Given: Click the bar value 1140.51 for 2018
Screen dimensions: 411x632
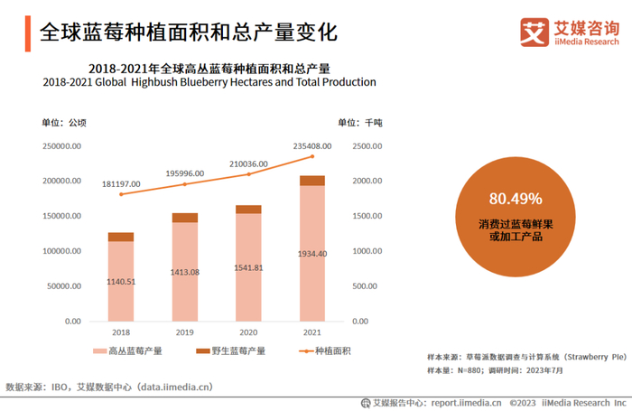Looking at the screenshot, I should pos(121,282).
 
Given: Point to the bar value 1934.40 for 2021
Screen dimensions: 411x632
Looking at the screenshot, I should pos(312,254).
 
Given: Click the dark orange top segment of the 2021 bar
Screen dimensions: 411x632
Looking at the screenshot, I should pos(312,181).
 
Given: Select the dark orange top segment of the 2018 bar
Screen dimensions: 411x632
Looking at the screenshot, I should pos(121,237).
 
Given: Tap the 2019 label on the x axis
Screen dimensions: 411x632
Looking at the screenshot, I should pos(185,332).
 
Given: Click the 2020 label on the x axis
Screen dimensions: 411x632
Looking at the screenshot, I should pos(248,332).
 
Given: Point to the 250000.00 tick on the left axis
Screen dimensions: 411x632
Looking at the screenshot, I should pos(63,146).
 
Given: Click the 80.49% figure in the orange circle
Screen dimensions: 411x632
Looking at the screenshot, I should pos(516,199).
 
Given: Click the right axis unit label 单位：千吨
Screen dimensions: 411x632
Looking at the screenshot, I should pos(359,122).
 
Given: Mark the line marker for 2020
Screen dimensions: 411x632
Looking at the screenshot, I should pos(248,173).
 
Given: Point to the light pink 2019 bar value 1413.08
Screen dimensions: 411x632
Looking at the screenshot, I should pos(185,272).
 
